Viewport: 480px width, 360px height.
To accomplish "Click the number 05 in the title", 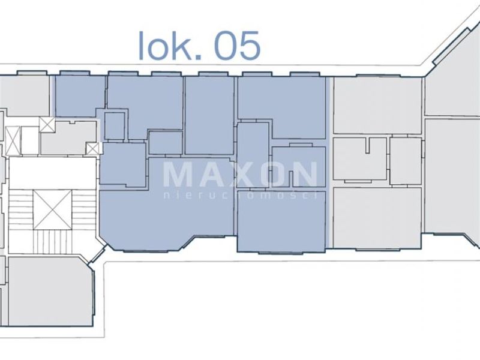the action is [x=237, y=46].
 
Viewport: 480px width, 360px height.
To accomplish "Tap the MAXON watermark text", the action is [x=241, y=175].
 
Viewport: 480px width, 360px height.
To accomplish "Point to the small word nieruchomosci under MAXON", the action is [x=241, y=196].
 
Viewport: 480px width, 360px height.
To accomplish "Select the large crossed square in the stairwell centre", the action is [x=52, y=209].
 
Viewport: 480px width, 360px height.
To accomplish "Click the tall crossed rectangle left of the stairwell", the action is [x=13, y=140].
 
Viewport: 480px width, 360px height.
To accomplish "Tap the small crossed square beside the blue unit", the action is [x=93, y=149].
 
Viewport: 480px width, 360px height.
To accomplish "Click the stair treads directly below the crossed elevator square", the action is [x=52, y=242].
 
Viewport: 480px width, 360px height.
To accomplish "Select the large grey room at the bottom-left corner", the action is [x=50, y=291].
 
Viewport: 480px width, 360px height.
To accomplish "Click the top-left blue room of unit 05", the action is [x=80, y=96].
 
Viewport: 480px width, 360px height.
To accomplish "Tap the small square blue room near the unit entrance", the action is [x=115, y=126].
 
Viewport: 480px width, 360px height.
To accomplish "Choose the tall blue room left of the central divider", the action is [x=209, y=115].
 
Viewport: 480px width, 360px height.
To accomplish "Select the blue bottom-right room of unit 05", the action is [x=281, y=221].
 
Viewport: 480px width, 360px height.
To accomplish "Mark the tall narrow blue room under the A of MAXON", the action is [x=253, y=155].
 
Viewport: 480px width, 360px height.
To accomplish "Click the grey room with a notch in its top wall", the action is [x=360, y=159].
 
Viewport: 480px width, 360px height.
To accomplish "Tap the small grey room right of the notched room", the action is [x=406, y=161].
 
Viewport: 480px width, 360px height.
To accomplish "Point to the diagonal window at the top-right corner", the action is [x=451, y=46].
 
